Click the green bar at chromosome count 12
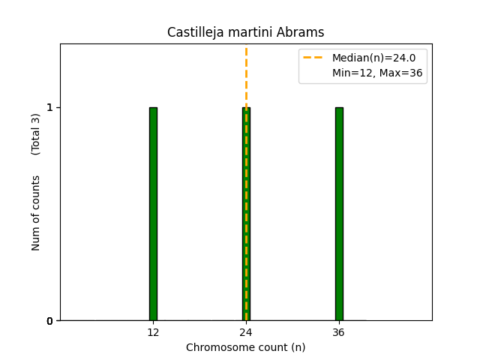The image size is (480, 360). coord(153,214)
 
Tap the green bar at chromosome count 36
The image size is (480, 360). coord(339,214)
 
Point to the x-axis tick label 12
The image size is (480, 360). coord(153,332)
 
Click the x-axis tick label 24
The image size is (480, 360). coord(246,332)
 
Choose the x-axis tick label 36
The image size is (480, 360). coord(339,332)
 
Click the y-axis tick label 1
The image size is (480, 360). coord(50,107)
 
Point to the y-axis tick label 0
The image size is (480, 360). coord(50,321)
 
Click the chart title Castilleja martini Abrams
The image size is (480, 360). coord(246,32)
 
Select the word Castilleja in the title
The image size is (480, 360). coord(191,32)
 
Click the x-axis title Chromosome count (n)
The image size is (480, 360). coord(246,347)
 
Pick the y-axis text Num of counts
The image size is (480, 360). coord(36,213)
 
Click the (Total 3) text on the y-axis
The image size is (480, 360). coord(36,134)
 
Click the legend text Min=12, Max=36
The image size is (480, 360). coord(377,73)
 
